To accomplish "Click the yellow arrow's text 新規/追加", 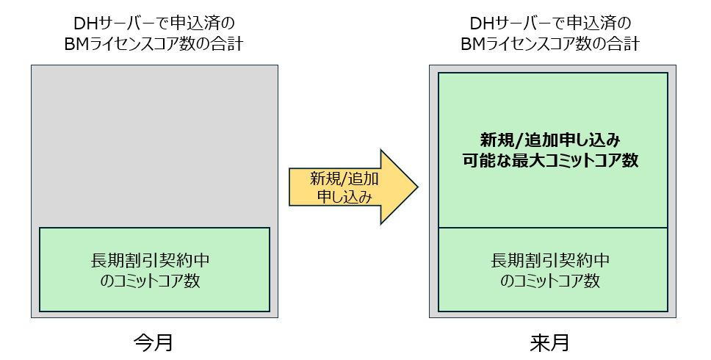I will point(334,178).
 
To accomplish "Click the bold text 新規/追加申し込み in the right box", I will point(552,140).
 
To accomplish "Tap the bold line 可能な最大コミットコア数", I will point(552,161).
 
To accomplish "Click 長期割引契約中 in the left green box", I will point(154,261).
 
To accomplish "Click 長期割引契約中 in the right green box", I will point(552,261).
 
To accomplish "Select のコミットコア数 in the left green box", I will point(154,281).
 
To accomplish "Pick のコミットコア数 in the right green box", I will point(552,281).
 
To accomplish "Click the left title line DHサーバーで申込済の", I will point(154,23).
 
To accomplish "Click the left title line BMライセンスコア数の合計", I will point(154,43).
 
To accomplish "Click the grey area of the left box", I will point(154,147).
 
